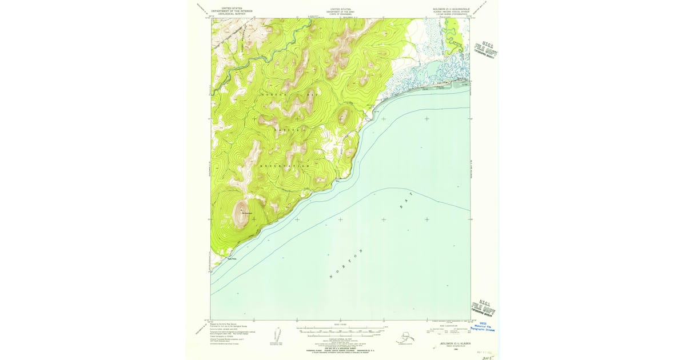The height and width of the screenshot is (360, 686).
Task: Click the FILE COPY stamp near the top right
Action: point(485,51)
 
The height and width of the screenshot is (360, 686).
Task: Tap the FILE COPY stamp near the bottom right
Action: point(483,309)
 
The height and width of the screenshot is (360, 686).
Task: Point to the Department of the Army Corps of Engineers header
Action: point(341,11)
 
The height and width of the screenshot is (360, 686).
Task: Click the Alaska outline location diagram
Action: point(408,337)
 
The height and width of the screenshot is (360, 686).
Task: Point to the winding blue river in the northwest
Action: point(252,57)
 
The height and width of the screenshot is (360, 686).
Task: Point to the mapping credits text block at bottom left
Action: point(227,335)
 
